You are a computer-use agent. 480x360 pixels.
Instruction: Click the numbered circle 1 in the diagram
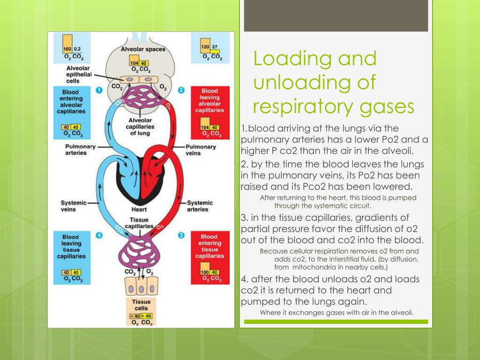[x=99, y=90]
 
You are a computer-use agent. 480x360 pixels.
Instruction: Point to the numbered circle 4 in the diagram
[x=99, y=235]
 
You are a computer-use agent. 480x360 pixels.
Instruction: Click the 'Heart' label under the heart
[x=139, y=210]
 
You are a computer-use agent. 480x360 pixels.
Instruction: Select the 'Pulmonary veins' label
[x=201, y=150]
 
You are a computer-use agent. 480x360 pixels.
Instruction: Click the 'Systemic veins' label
[x=74, y=206]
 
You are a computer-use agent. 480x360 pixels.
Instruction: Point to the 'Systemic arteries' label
[x=200, y=206]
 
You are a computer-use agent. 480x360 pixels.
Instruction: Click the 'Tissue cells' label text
[x=141, y=305]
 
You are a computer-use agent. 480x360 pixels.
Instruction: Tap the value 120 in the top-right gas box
[x=205, y=47]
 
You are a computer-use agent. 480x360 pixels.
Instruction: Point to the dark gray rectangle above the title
[x=336, y=15]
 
